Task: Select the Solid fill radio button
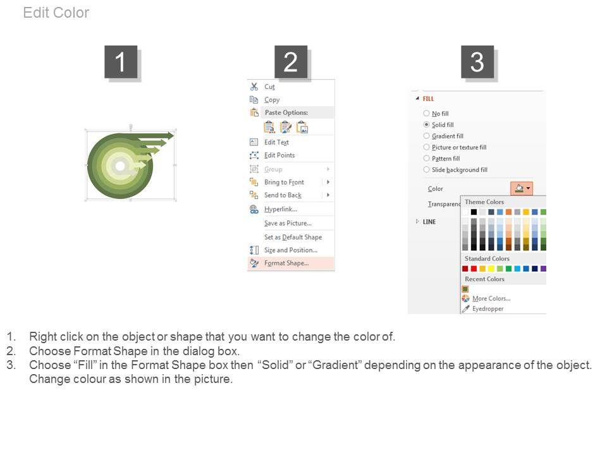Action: point(426,124)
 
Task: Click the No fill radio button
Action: point(426,113)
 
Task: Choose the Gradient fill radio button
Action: point(426,136)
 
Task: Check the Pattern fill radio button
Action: point(426,158)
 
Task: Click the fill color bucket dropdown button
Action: point(522,188)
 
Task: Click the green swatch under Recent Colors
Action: point(465,289)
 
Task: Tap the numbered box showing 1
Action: point(121,62)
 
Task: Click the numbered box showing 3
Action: point(477,62)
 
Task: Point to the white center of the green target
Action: point(120,166)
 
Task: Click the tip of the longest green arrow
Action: point(175,135)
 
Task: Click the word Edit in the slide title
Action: point(35,13)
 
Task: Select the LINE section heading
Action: point(429,222)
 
